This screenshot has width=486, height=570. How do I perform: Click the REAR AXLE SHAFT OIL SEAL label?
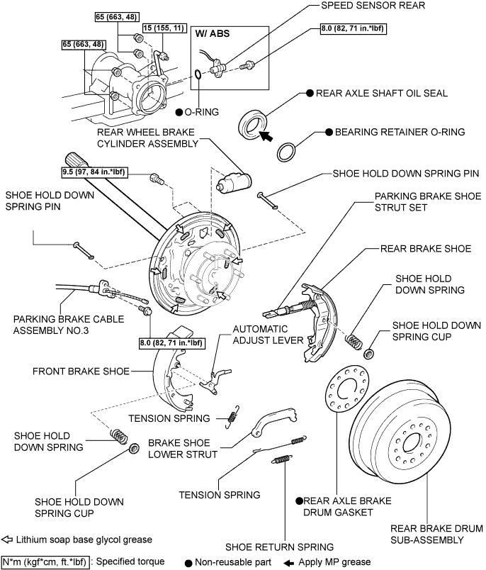click(x=382, y=93)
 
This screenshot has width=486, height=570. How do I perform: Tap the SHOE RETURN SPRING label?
click(x=279, y=547)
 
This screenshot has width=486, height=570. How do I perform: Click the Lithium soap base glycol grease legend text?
click(x=81, y=540)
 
